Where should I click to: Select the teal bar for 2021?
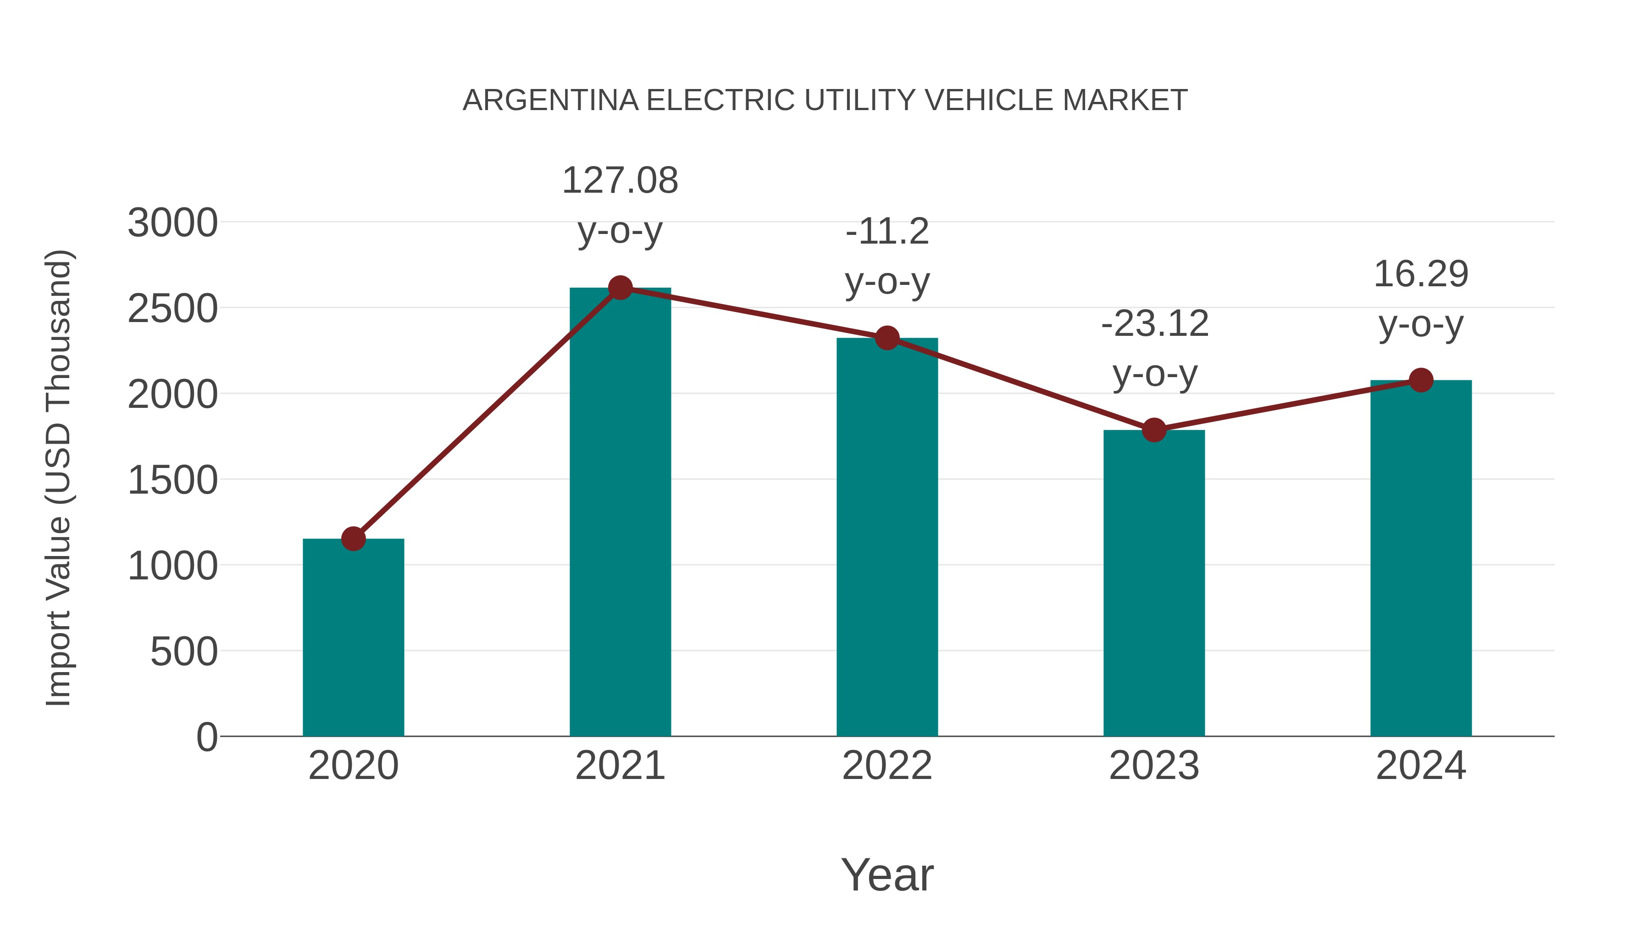coord(620,513)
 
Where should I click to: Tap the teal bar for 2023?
coord(1154,584)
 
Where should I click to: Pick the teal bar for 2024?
coord(1421,558)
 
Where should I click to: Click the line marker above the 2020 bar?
coord(353,539)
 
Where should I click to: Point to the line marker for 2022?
coord(887,338)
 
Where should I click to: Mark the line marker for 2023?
coord(1154,430)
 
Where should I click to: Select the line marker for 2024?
coord(1421,380)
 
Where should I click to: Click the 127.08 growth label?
coord(620,181)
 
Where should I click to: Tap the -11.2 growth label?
coord(887,232)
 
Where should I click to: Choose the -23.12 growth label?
coord(1154,324)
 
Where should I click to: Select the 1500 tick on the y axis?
coord(172,480)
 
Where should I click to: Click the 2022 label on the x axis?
coord(887,766)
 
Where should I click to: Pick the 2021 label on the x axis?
coord(620,766)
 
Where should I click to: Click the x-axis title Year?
coord(887,875)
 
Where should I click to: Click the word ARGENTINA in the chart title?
coord(550,100)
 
